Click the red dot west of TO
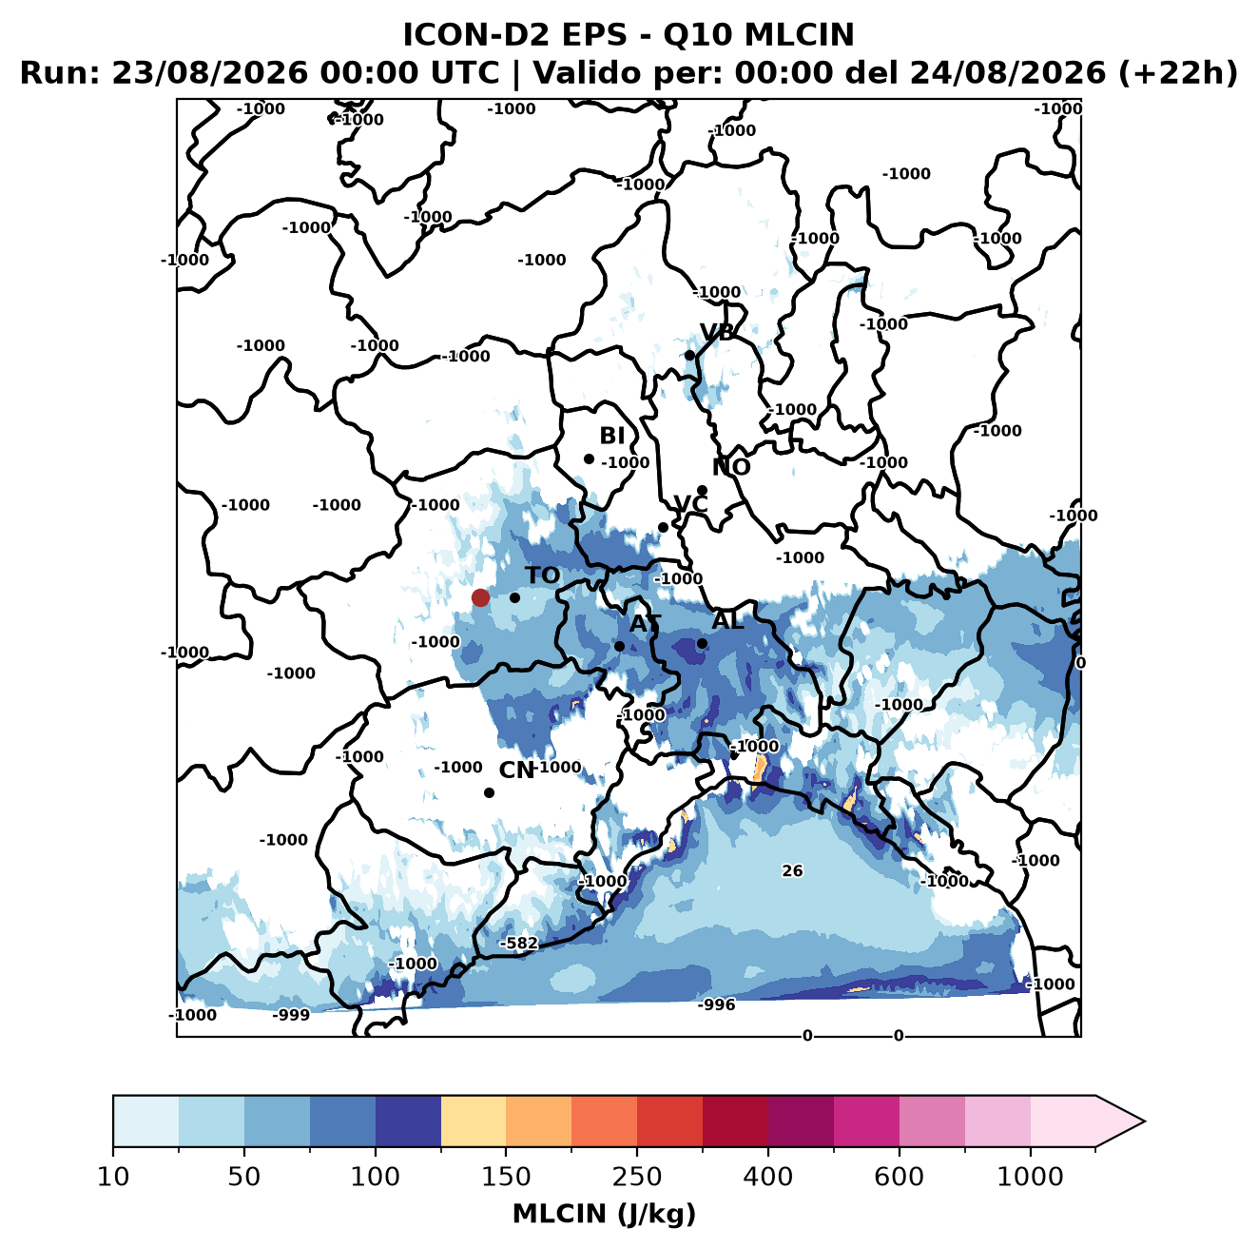tap(480, 597)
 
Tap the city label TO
tap(542, 575)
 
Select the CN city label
tap(516, 770)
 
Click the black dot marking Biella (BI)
tap(589, 458)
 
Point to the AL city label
tap(727, 620)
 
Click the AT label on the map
tap(645, 623)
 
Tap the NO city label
tap(730, 467)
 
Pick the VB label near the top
tap(717, 332)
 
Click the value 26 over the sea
tap(792, 870)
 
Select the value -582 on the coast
tap(519, 943)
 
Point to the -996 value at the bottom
tap(716, 1004)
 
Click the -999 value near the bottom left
tap(291, 1014)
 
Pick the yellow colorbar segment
tap(474, 1121)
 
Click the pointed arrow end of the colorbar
tap(1144, 1121)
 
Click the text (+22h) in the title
tap(1177, 73)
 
